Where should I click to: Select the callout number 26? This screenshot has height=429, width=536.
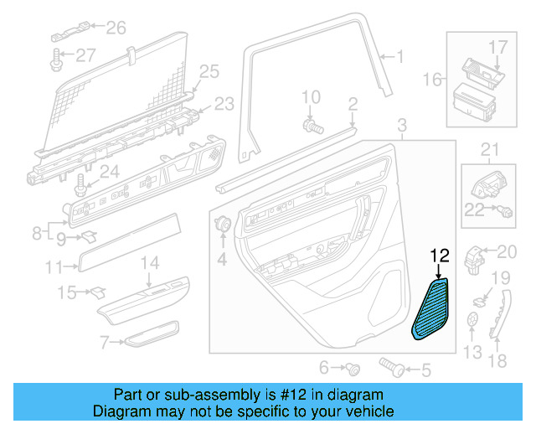[115, 28]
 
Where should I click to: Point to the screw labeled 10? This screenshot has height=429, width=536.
[314, 127]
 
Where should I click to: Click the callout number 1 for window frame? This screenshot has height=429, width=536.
[399, 57]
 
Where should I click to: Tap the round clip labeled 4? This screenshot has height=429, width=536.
[224, 225]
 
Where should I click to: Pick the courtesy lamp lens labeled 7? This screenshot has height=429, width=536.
[152, 333]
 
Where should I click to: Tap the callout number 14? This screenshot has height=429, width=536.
[148, 264]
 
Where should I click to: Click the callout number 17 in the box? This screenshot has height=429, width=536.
[497, 46]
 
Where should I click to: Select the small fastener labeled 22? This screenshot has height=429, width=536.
[507, 212]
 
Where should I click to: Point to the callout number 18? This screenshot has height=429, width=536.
[497, 361]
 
